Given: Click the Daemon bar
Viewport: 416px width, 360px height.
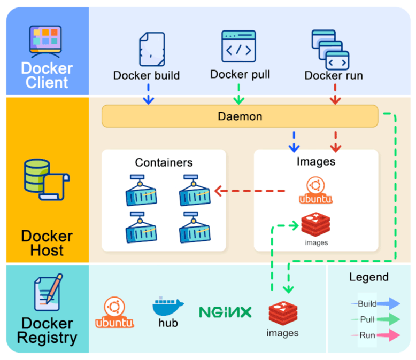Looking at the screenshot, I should click(x=240, y=116).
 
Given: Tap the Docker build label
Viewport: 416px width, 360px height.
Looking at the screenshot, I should click(x=147, y=75).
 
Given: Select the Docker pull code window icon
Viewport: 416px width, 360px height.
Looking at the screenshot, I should click(x=238, y=46).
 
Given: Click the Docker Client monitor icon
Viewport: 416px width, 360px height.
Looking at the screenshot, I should click(x=47, y=41).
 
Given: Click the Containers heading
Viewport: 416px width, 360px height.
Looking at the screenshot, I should click(x=164, y=162).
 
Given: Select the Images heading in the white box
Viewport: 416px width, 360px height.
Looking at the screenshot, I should click(x=315, y=161).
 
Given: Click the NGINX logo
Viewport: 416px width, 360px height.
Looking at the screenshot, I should click(x=225, y=312).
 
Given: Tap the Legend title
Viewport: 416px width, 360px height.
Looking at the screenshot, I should click(x=368, y=277).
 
